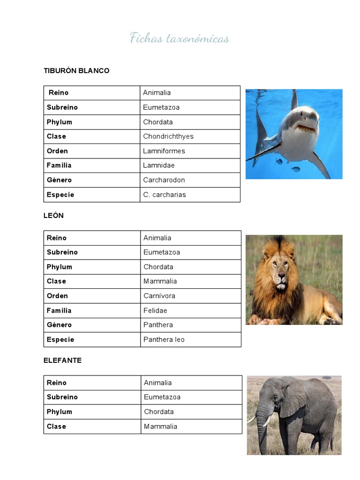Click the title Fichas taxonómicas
180,38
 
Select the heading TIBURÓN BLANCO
76,71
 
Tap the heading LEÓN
53,216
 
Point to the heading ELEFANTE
62,360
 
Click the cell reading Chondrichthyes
168,136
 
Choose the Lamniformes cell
164,151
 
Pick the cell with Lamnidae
159,165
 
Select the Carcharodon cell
164,180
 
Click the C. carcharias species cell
165,195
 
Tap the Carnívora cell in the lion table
160,296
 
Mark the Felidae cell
156,310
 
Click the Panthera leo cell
164,339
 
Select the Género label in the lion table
59,325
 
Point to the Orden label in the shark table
57,151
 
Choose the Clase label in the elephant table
56,427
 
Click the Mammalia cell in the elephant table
160,427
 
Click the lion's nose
280,272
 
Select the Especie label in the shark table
60,195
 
